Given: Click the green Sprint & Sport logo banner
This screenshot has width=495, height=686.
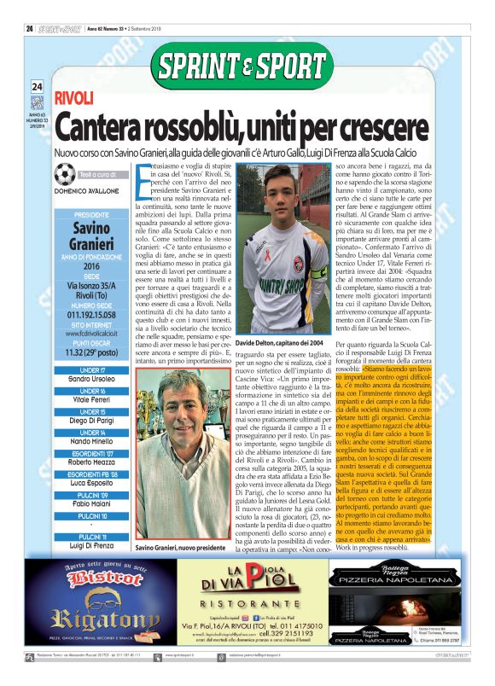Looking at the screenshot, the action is point(241,66).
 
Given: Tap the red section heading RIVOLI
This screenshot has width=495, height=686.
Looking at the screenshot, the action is point(73,98).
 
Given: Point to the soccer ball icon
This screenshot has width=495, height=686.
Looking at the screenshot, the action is point(64,175).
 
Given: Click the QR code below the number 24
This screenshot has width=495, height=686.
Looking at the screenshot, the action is point(37,102).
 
